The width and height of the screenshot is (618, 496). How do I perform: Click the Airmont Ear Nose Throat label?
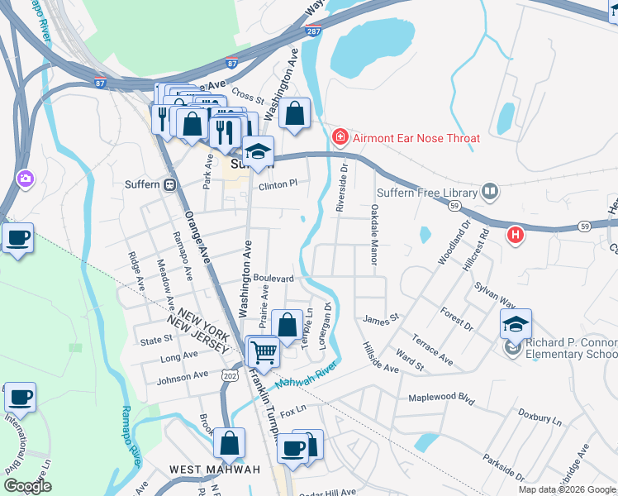click(416, 138)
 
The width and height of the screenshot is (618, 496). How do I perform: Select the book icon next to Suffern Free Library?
click(491, 193)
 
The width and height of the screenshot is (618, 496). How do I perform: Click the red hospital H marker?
click(516, 235)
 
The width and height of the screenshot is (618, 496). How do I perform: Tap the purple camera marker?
click(26, 178)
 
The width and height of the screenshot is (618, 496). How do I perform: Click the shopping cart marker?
click(264, 353)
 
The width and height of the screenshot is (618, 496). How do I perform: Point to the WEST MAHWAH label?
click(215, 470)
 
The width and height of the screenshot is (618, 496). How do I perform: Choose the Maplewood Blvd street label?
click(442, 398)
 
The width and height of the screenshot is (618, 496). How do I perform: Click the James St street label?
click(381, 317)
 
